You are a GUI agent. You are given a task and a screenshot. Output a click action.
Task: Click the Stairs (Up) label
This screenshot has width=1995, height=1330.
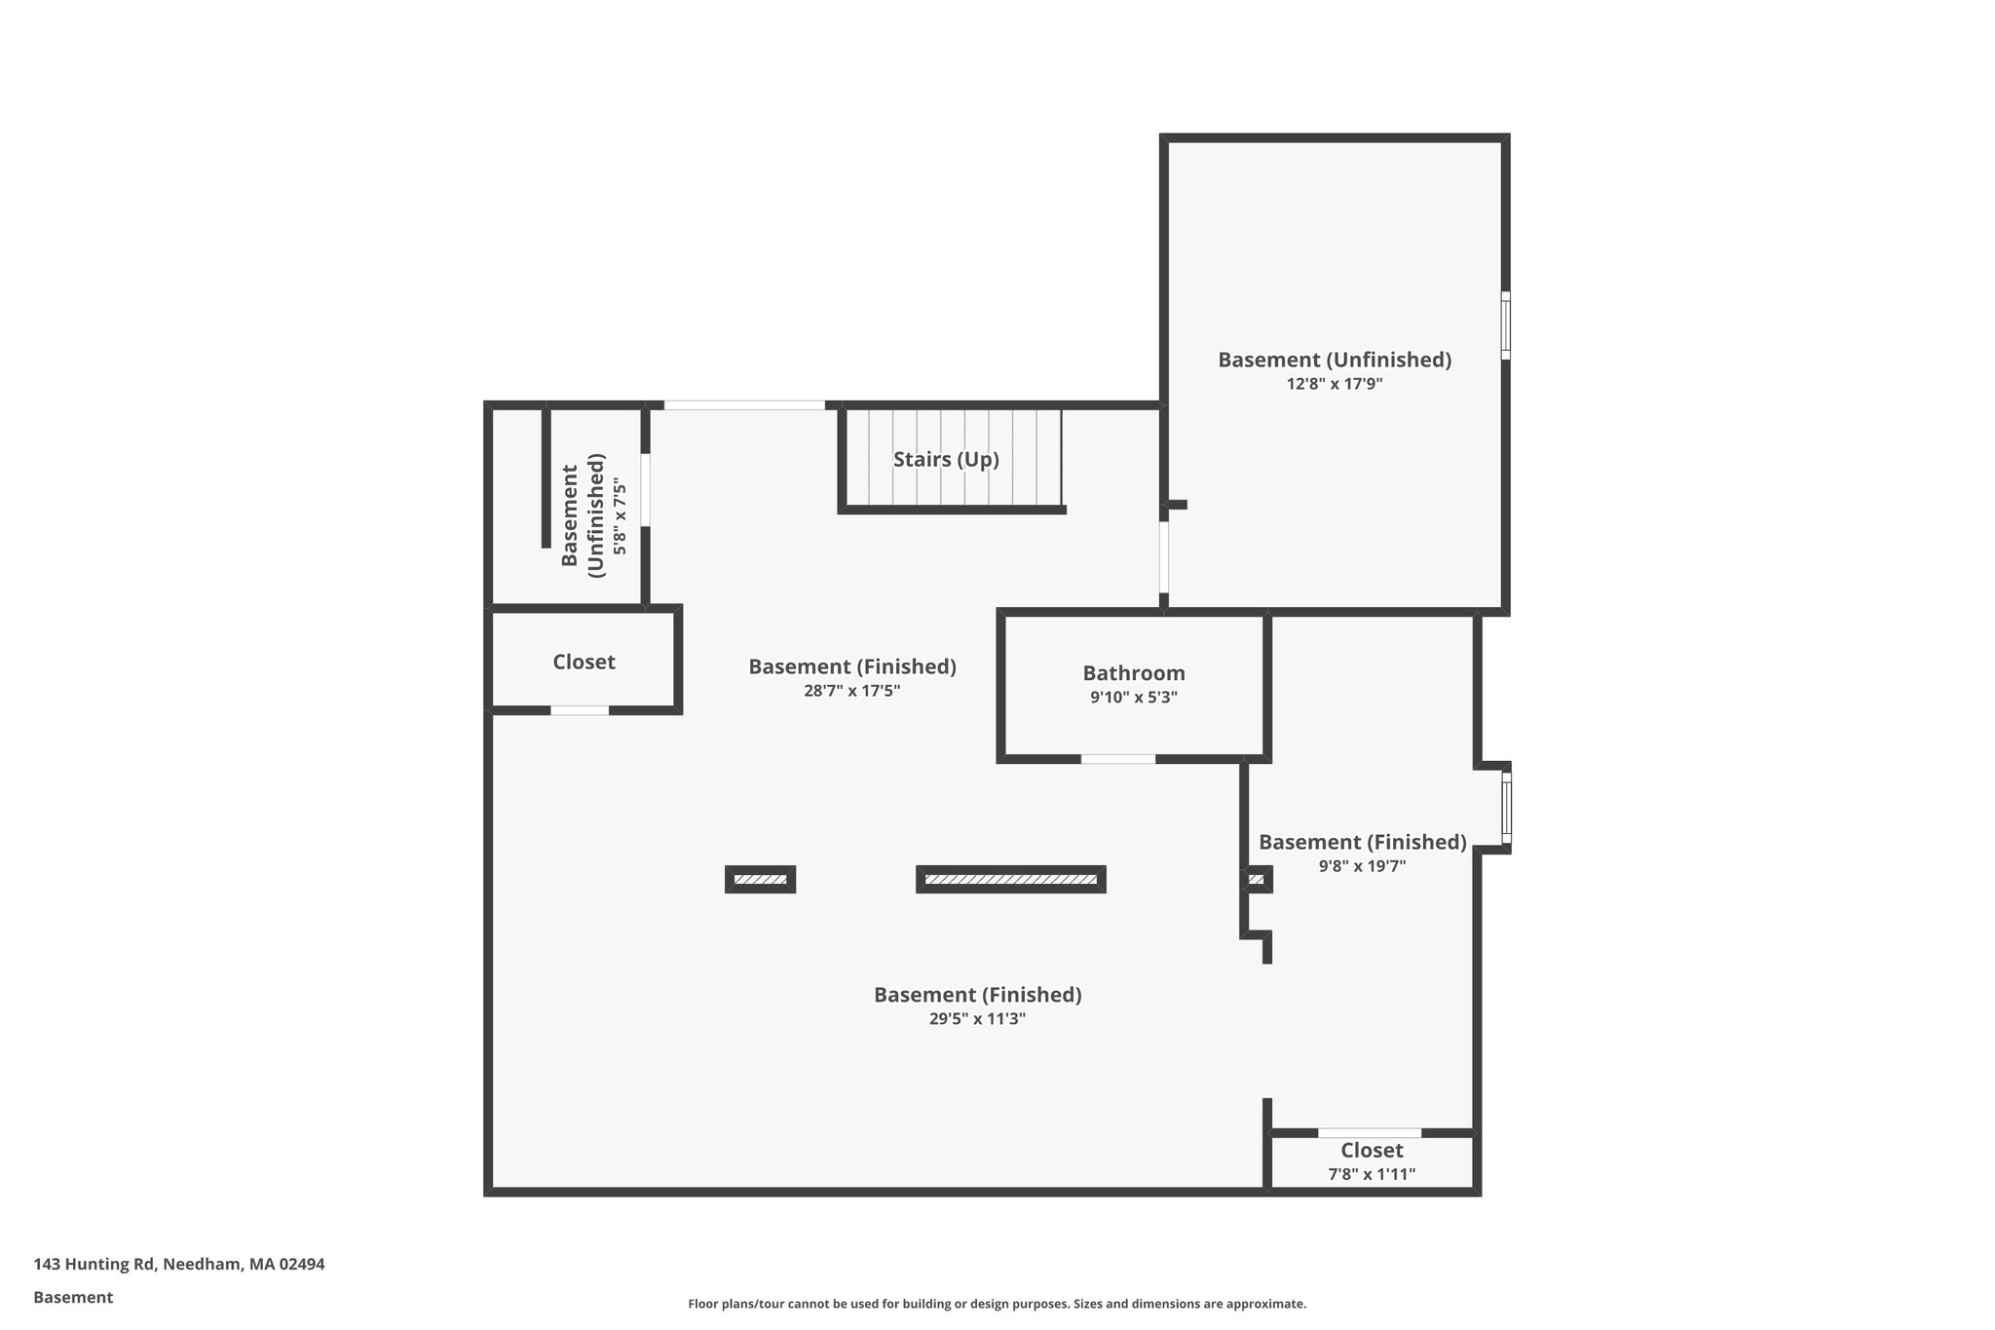946,459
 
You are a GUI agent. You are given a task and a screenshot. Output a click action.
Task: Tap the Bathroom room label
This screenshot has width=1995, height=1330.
1134,673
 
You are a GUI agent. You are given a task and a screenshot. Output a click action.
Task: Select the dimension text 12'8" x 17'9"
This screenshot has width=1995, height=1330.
1335,384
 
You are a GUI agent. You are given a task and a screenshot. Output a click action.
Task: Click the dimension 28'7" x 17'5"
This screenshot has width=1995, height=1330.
851,691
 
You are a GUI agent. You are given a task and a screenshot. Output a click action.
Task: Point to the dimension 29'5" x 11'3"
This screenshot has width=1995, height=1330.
977,1019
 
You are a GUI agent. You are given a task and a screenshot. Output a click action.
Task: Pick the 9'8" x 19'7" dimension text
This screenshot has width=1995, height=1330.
1362,866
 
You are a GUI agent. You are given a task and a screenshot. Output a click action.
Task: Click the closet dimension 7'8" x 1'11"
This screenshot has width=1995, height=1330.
1372,1175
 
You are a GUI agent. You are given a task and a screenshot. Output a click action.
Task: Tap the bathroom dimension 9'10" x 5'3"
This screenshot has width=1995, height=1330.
1134,698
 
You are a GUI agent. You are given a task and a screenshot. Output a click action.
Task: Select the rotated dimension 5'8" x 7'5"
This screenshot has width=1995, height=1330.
620,516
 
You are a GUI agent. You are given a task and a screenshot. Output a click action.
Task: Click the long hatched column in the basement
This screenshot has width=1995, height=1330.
1010,879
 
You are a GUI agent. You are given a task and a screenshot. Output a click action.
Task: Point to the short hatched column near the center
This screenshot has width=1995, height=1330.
760,879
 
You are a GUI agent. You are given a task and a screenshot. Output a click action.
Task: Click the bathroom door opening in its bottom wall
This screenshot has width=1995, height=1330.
1118,758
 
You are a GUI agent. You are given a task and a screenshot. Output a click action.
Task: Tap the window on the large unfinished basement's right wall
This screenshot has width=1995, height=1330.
1505,325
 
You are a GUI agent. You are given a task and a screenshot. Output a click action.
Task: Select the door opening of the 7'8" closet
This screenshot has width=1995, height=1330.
1370,1133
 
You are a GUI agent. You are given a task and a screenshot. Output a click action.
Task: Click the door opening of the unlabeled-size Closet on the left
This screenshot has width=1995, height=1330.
580,710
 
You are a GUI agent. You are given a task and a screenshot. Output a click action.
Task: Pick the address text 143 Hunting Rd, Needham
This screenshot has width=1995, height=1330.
179,1264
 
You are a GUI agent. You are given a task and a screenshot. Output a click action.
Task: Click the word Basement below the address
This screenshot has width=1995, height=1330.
73,1297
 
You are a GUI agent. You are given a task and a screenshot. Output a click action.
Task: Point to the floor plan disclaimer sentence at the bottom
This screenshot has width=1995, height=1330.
997,1304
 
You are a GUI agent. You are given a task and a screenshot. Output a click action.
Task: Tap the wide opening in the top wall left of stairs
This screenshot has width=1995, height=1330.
744,404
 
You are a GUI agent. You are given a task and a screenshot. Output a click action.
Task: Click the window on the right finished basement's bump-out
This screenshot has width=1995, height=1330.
1506,809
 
